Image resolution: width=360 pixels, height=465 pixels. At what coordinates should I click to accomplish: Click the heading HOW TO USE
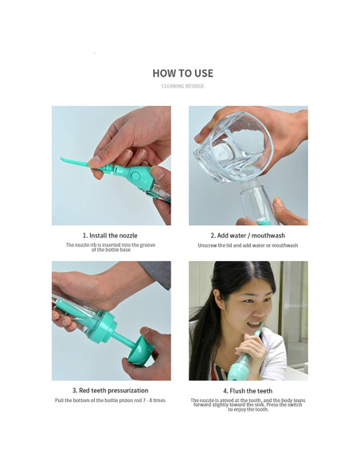pos(182,73)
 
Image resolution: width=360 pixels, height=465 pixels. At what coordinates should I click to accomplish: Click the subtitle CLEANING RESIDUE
pos(182,86)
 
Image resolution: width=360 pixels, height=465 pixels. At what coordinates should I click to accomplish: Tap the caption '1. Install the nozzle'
pos(111,236)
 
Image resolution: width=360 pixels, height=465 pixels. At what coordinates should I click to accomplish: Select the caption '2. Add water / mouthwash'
pos(248,236)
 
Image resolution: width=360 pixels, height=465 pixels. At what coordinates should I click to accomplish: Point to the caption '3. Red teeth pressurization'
pos(111,391)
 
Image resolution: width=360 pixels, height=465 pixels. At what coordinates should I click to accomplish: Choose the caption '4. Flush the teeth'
pos(248,391)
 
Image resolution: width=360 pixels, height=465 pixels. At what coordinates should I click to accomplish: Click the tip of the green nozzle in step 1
pos(63,160)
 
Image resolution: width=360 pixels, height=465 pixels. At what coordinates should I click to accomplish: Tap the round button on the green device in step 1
pos(135,175)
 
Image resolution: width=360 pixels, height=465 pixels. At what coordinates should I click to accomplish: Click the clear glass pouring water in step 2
pos(231,147)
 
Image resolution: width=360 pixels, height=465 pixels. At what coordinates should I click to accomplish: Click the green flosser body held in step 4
pos(241,369)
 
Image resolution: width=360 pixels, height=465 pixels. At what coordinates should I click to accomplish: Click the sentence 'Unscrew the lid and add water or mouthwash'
pos(248,245)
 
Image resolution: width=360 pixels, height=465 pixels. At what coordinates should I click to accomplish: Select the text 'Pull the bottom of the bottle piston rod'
pos(97,401)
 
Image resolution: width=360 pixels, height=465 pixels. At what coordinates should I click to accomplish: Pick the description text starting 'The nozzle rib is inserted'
pos(111,245)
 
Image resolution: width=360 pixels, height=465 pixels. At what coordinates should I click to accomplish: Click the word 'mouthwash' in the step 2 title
pos(268,236)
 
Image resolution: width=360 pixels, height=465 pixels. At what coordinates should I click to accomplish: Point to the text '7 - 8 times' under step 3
pos(153,401)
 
